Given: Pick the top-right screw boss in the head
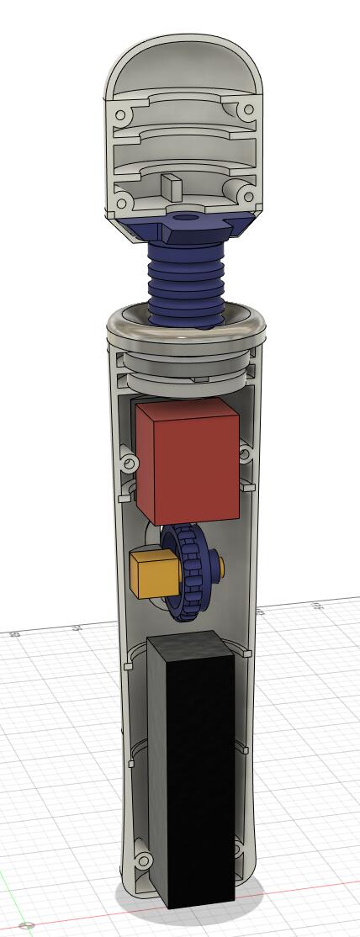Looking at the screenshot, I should [248, 110].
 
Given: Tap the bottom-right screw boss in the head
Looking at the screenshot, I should [246, 193].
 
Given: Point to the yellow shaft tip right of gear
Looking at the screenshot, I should [220, 569].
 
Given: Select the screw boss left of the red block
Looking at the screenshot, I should [129, 463].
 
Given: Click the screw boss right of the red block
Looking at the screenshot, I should [245, 455].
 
